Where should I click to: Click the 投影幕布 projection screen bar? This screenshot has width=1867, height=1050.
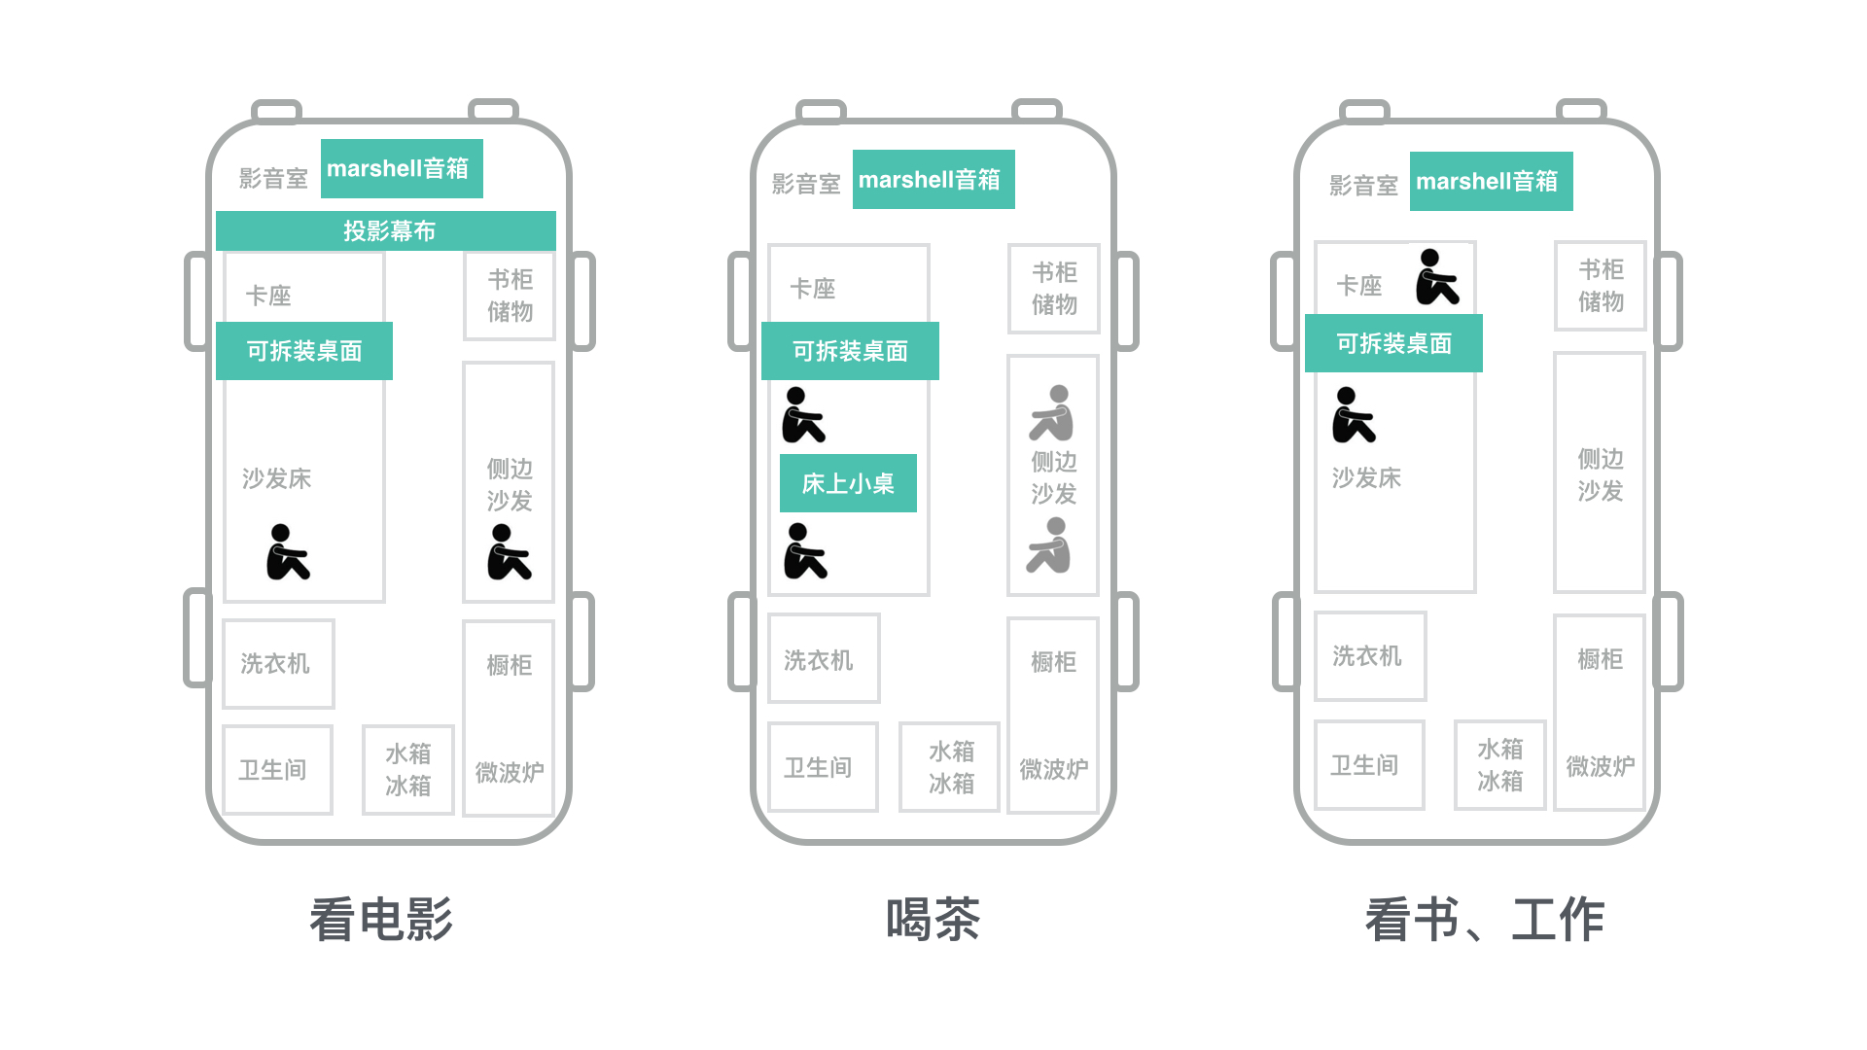386,231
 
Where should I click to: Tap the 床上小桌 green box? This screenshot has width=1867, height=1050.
848,483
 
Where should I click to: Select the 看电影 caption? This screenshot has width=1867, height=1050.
381,920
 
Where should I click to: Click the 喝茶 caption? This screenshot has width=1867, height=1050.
933,920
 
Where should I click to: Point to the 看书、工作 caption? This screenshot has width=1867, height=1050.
1485,920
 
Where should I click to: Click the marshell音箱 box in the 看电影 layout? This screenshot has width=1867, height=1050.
402,169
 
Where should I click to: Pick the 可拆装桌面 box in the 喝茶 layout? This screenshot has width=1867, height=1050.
850,351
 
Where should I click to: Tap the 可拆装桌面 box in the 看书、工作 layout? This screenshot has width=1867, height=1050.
1393,343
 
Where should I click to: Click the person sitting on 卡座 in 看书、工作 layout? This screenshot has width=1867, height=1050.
1437,277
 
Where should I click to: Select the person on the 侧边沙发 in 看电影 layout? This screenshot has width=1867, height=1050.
510,552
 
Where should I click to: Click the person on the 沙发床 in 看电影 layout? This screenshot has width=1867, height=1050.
288,552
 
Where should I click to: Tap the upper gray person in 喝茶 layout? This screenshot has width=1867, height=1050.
1053,413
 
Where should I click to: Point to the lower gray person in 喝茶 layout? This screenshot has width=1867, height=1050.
1050,545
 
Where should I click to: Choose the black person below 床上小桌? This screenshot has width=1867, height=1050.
805,551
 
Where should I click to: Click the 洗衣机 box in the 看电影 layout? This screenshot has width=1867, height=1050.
278,664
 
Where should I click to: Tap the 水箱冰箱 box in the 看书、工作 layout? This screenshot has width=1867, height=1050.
1499,765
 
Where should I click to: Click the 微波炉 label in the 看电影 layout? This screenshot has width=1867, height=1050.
510,773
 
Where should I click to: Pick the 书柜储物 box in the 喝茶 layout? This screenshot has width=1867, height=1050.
1054,289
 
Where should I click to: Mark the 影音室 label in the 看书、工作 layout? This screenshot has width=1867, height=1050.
1363,186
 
